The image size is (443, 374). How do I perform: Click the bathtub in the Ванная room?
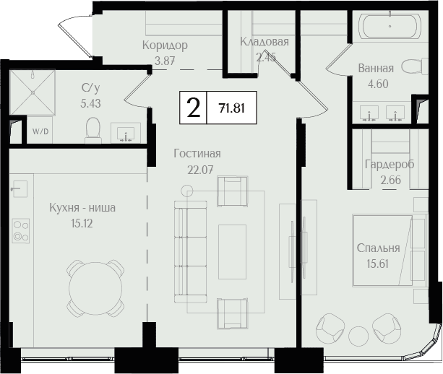(390, 26)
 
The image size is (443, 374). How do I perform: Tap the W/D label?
(40, 131)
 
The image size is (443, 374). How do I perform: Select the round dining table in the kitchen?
(96, 289)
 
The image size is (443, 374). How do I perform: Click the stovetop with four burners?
(21, 231)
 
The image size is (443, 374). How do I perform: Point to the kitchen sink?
(20, 189)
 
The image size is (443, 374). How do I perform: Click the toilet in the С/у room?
(93, 131)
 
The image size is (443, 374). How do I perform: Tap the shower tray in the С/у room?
(33, 92)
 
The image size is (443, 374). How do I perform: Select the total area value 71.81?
(232, 108)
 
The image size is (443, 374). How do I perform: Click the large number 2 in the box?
(194, 108)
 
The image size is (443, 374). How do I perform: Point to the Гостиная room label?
(197, 154)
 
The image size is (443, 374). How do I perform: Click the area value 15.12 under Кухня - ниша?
(82, 224)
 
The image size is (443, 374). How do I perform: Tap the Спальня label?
(378, 248)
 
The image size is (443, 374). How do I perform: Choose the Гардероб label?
(390, 165)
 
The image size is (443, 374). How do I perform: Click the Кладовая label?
(264, 41)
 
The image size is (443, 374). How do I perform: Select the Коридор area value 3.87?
(165, 61)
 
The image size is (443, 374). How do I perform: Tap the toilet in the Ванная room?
(415, 66)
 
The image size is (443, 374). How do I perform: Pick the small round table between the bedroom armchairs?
(358, 335)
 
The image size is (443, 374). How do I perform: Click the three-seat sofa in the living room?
(190, 252)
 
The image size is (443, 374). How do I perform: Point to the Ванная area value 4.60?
(378, 84)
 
